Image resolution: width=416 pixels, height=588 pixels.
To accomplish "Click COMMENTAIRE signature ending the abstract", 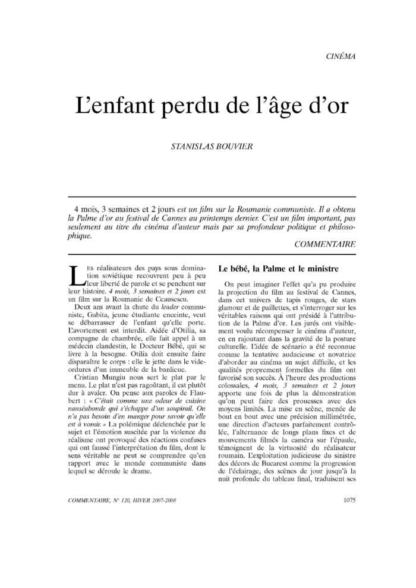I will tap(325, 244).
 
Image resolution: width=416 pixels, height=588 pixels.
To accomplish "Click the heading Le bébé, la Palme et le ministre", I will tap(279, 269).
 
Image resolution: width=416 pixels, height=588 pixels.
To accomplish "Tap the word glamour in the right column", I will tap(232, 308).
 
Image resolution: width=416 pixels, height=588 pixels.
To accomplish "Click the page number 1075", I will tap(349, 500).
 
